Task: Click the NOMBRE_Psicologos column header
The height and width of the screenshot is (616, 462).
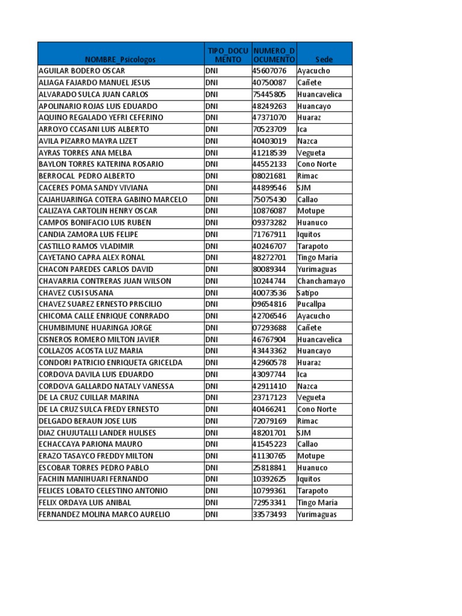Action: click(120, 60)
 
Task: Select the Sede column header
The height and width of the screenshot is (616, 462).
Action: click(324, 60)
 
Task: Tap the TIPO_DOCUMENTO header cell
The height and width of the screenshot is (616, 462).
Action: click(227, 55)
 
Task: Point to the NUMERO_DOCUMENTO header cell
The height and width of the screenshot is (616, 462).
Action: click(274, 55)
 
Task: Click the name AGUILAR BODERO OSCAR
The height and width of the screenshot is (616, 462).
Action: click(82, 71)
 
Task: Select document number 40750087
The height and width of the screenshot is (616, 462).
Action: click(269, 82)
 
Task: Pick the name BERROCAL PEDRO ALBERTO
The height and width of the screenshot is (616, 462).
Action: click(87, 176)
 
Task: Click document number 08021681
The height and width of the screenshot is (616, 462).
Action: click(269, 176)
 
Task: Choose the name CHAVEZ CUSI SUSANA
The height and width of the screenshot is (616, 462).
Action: click(76, 293)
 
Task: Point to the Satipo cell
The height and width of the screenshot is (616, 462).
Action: click(307, 293)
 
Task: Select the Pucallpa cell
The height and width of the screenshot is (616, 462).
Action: click(311, 304)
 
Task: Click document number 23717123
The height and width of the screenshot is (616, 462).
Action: click(269, 398)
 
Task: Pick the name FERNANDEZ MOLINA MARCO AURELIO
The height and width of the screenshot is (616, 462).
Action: click(104, 514)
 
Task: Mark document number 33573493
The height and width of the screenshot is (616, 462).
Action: click(269, 514)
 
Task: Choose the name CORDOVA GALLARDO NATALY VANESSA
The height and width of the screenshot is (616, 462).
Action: click(106, 386)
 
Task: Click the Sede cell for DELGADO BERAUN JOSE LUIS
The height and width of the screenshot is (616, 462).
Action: click(308, 421)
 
